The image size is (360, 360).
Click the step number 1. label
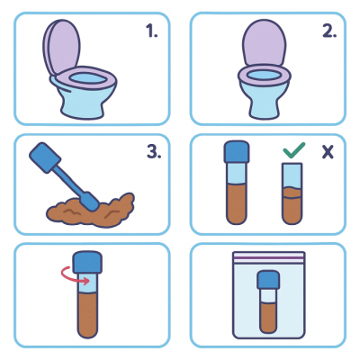tap(152, 31)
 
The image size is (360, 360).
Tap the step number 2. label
tap(329, 31)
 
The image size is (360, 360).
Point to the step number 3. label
tap(154, 152)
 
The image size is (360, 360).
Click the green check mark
tap(294, 150)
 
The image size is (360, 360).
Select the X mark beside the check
tap(328, 152)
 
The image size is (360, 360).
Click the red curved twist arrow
tap(75, 275)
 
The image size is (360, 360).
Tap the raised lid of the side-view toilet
tap(61, 47)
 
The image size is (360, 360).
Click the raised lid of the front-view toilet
tap(264, 42)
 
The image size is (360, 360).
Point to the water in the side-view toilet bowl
tap(88, 78)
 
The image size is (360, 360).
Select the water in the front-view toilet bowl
tap(264, 75)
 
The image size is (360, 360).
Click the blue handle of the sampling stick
tap(45, 157)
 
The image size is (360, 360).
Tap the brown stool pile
tap(90, 210)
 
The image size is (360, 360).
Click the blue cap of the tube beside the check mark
tap(237, 151)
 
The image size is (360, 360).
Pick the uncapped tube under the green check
tap(292, 193)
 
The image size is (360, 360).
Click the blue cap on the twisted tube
tap(87, 262)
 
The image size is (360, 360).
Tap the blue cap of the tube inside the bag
tap(268, 280)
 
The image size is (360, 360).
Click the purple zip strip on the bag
tap(269, 257)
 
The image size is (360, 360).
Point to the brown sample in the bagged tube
tap(268, 318)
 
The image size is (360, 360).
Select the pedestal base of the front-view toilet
tap(264, 101)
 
